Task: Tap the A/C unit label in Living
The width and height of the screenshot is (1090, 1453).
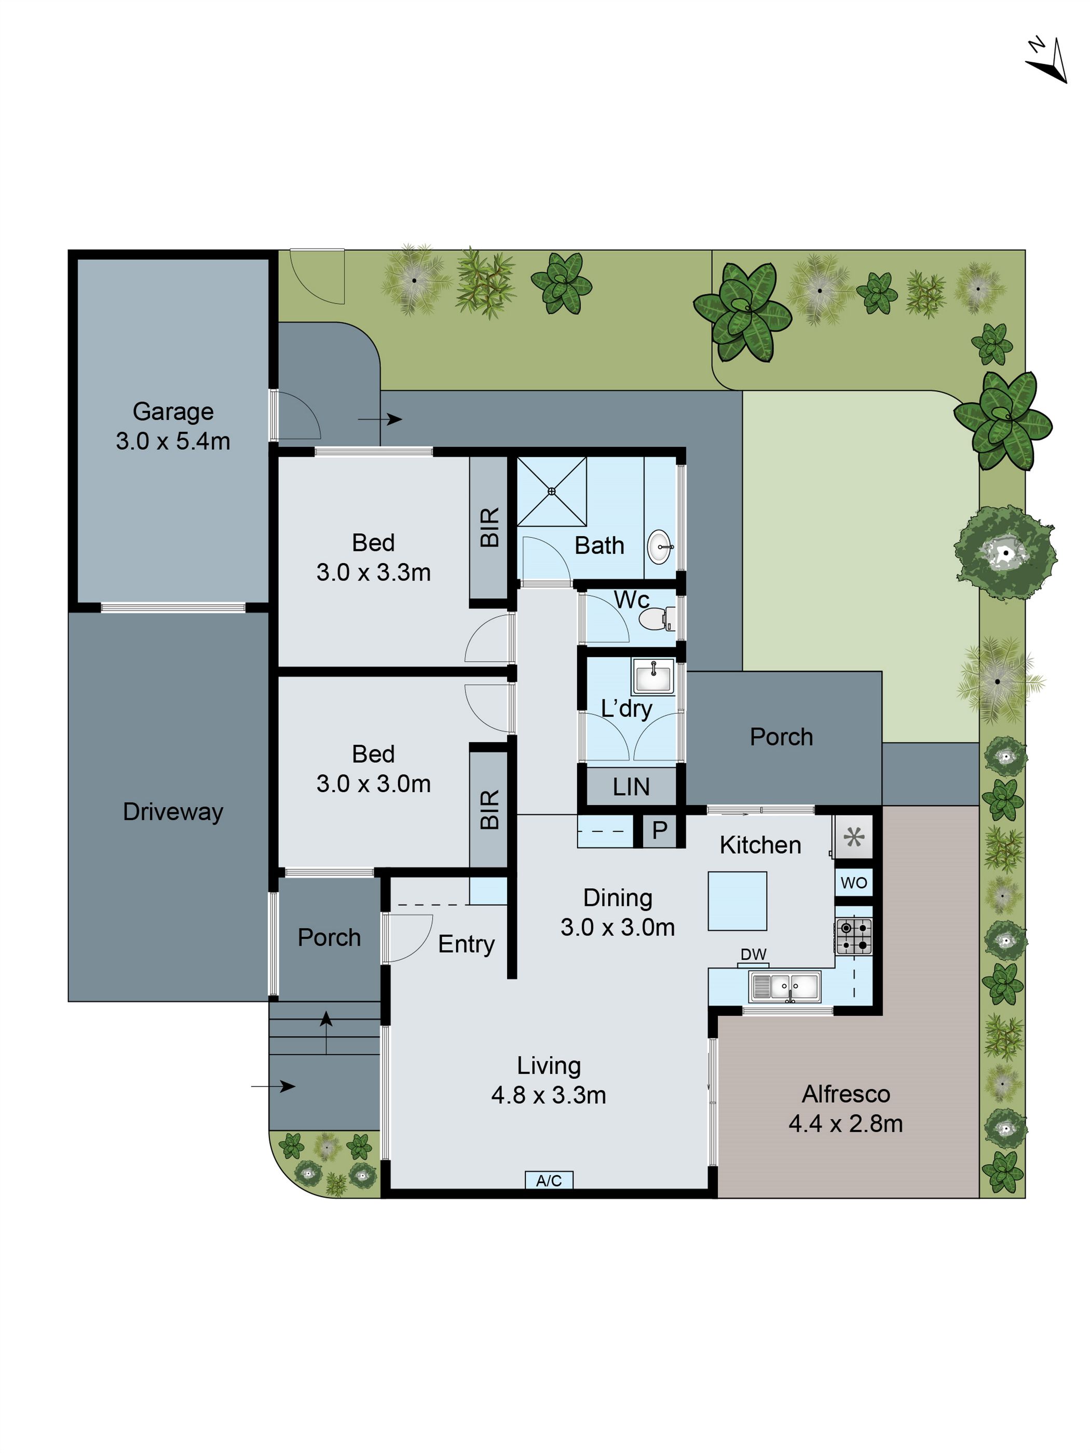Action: pos(549,1180)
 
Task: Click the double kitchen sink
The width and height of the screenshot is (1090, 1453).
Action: pos(785,987)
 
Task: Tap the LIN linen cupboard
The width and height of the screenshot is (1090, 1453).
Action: pos(630,787)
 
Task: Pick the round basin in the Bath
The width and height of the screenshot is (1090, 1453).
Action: pos(659,547)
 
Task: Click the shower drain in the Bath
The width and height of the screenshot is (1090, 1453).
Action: pos(552,491)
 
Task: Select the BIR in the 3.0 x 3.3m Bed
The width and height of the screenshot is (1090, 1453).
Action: pos(489,527)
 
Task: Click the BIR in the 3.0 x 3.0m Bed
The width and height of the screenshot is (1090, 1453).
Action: pos(489,809)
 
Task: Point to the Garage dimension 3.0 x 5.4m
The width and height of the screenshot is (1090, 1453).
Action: pos(173,441)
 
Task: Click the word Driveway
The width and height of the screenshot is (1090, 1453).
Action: pos(173,812)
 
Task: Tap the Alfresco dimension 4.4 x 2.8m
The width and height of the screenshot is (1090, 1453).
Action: pos(845,1123)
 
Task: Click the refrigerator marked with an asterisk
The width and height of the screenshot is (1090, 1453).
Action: pos(853,837)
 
